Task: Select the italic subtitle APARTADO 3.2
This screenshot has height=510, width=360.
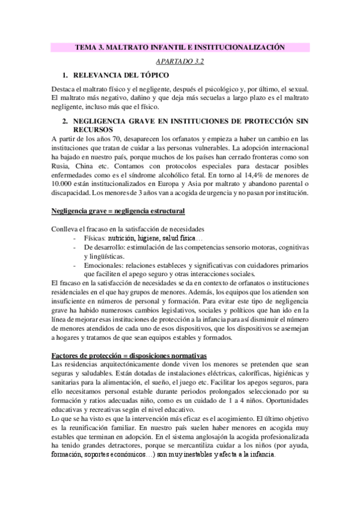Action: (x=180, y=61)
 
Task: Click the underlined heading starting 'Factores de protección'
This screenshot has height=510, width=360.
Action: (x=128, y=356)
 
